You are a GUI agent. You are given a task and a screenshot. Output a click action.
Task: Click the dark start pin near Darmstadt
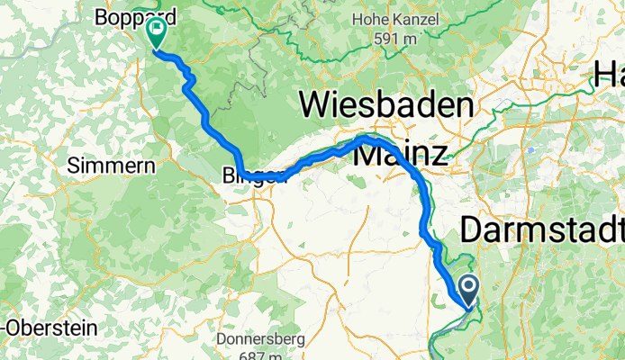[x=470, y=291]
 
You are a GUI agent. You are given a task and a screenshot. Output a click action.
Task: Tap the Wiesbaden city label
[x=386, y=105]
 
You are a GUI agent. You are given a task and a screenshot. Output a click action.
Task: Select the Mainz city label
[x=401, y=153]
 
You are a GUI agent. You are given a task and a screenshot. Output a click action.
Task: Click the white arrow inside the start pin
[x=470, y=288]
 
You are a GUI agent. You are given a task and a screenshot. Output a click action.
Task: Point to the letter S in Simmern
[x=74, y=166]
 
